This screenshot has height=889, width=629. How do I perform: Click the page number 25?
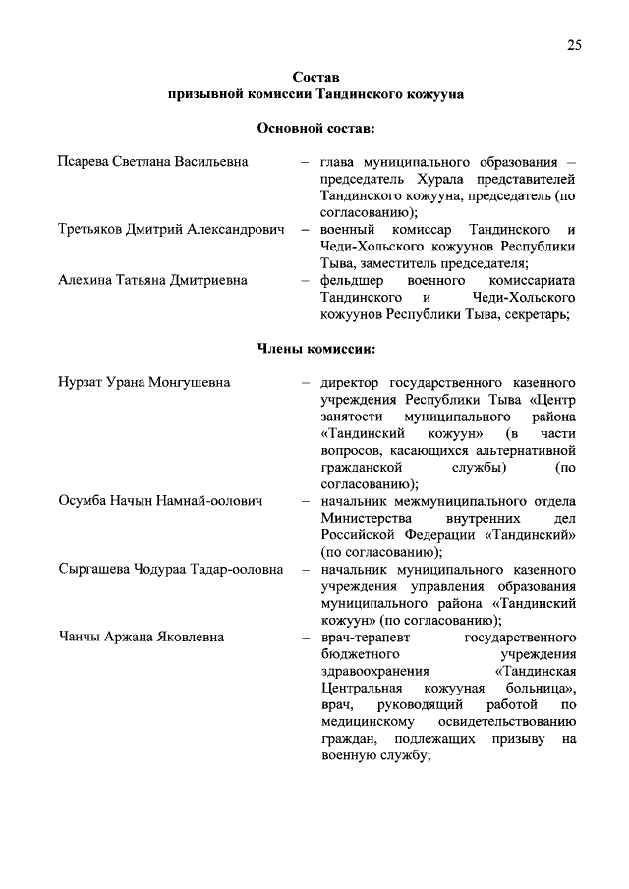pyautogui.click(x=574, y=44)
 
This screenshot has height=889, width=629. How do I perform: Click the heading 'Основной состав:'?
pyautogui.click(x=314, y=128)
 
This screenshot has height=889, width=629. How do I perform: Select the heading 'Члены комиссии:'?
pyautogui.click(x=314, y=348)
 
